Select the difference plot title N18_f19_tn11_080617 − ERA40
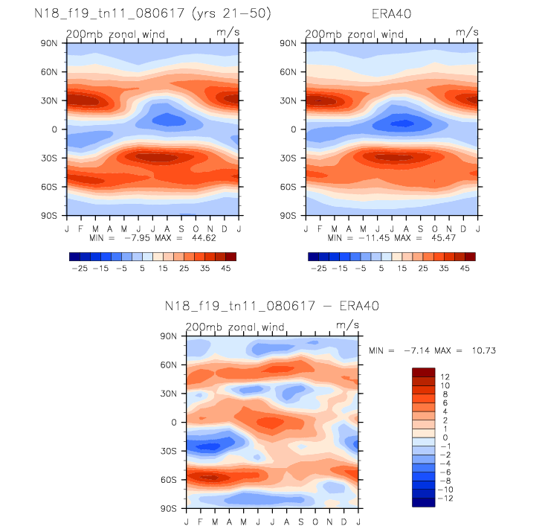click(271, 306)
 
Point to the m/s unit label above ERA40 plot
click(467, 33)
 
